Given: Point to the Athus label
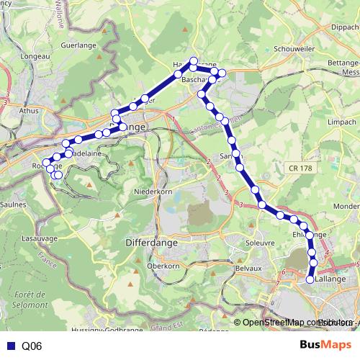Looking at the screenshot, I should point(28,111).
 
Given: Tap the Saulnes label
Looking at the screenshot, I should point(13,204).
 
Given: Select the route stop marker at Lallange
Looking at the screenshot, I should point(310,279).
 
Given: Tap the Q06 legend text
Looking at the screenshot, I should point(32,346).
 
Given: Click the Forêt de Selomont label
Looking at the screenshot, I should point(30,300).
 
